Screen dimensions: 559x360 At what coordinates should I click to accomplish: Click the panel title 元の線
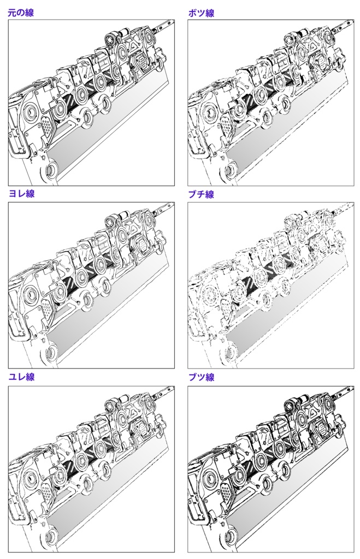click(20, 13)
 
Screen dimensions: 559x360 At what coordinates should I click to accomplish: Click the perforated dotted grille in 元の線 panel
click(48, 128)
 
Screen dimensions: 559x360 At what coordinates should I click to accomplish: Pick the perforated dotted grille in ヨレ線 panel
click(48, 311)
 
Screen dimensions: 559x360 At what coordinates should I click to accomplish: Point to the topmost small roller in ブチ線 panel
click(291, 221)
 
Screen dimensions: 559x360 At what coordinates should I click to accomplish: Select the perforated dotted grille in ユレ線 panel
click(48, 493)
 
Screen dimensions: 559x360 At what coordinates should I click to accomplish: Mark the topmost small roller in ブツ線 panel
click(291, 404)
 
